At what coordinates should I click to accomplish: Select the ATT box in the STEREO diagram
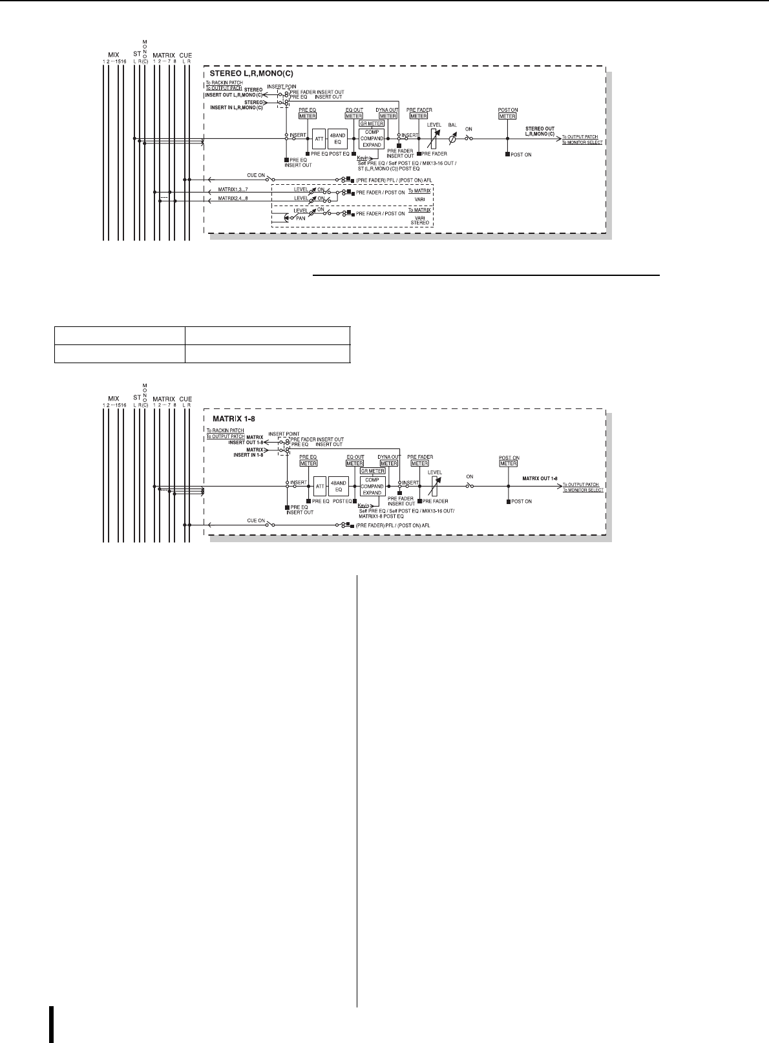(x=319, y=139)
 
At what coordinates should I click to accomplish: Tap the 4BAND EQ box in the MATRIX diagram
(x=338, y=486)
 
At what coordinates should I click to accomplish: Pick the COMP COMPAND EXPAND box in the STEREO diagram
(x=372, y=139)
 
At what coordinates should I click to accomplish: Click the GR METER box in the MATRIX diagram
(x=372, y=471)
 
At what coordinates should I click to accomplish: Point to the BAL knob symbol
(x=452, y=139)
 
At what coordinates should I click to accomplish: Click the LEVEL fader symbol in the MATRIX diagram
(x=436, y=486)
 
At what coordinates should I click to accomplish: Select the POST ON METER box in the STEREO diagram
(x=507, y=116)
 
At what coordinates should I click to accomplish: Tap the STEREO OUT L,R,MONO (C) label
(x=540, y=131)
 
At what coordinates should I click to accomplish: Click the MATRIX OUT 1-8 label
(x=540, y=478)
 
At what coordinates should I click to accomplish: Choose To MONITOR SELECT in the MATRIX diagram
(x=582, y=490)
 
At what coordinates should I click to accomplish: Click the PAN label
(x=301, y=218)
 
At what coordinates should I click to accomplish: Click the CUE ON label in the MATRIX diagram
(x=256, y=521)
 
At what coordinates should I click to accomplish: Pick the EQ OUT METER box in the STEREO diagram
(x=353, y=116)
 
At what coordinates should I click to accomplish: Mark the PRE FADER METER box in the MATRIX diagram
(x=419, y=463)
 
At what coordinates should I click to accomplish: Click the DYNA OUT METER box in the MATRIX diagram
(x=388, y=463)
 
